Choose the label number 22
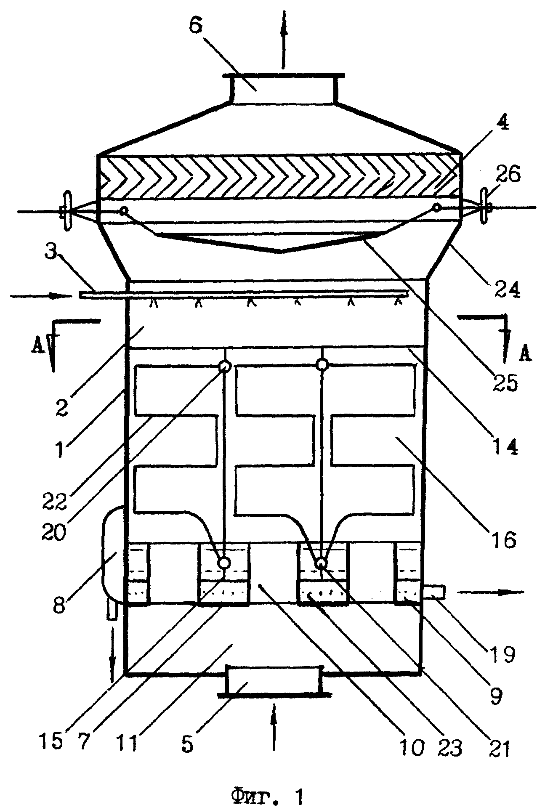pos(53,499)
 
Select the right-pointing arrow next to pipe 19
pos(492,592)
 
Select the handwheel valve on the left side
pos(66,211)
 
